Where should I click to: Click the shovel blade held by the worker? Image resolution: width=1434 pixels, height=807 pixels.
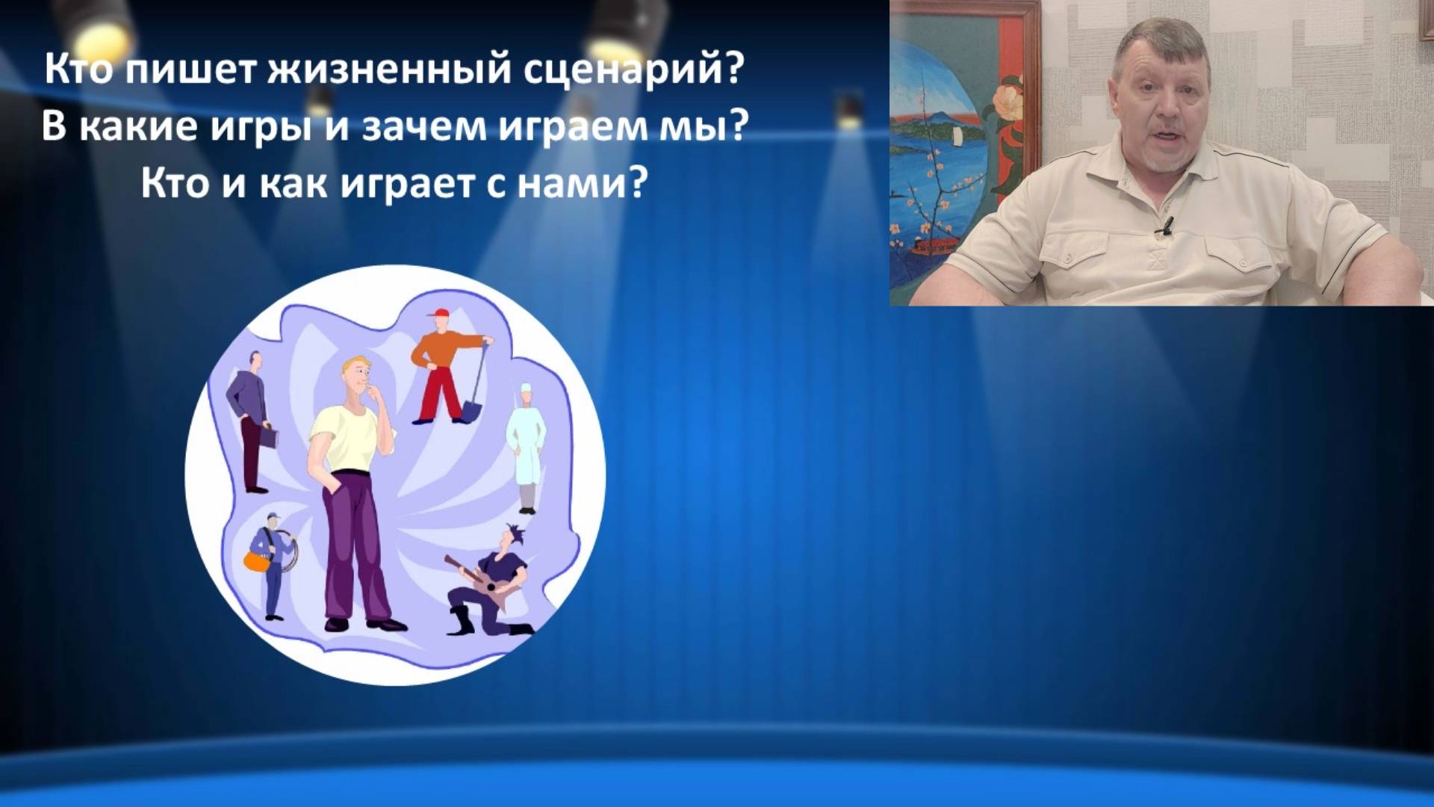tap(472, 410)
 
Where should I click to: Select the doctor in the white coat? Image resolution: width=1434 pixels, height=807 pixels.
tap(527, 448)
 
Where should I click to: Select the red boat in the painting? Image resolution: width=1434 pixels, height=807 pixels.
tap(934, 246)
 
